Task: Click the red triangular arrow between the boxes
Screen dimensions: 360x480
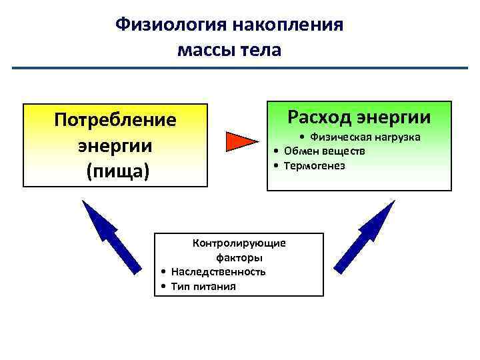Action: pos(241,142)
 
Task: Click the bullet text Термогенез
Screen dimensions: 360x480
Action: pos(314,165)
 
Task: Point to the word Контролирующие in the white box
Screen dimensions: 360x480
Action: pos(239,243)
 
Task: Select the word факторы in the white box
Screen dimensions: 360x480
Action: pos(239,257)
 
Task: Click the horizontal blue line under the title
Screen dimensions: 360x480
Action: pos(240,68)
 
